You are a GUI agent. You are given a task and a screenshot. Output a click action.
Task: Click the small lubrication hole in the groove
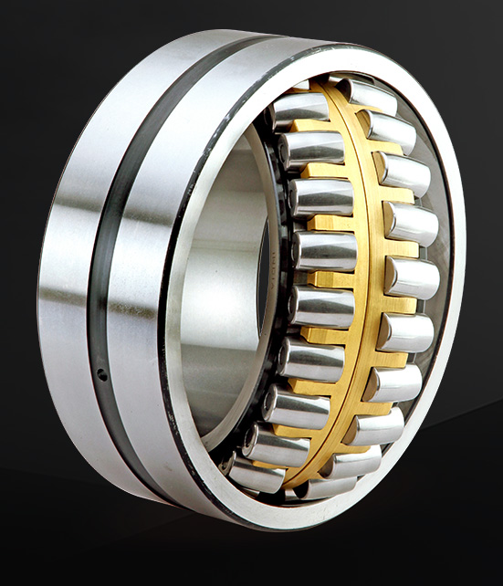tap(101, 372)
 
